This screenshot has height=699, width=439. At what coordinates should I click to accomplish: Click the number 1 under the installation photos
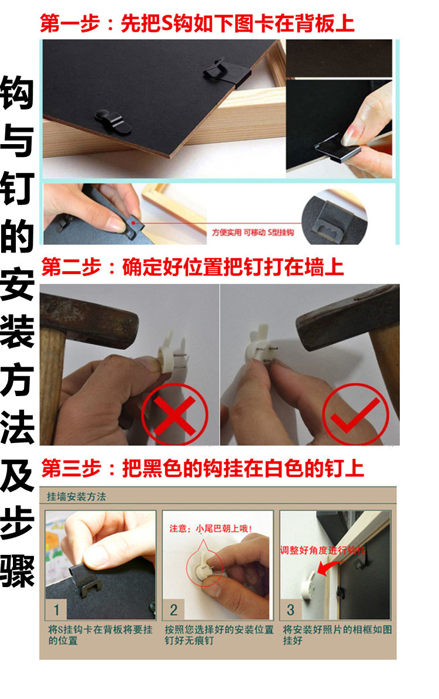coord(56,610)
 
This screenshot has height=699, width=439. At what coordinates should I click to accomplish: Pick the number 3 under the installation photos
coord(290,610)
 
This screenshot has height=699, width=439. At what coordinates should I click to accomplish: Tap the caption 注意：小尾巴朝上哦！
coord(211,528)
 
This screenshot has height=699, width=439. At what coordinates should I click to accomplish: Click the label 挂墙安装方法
coord(76,497)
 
